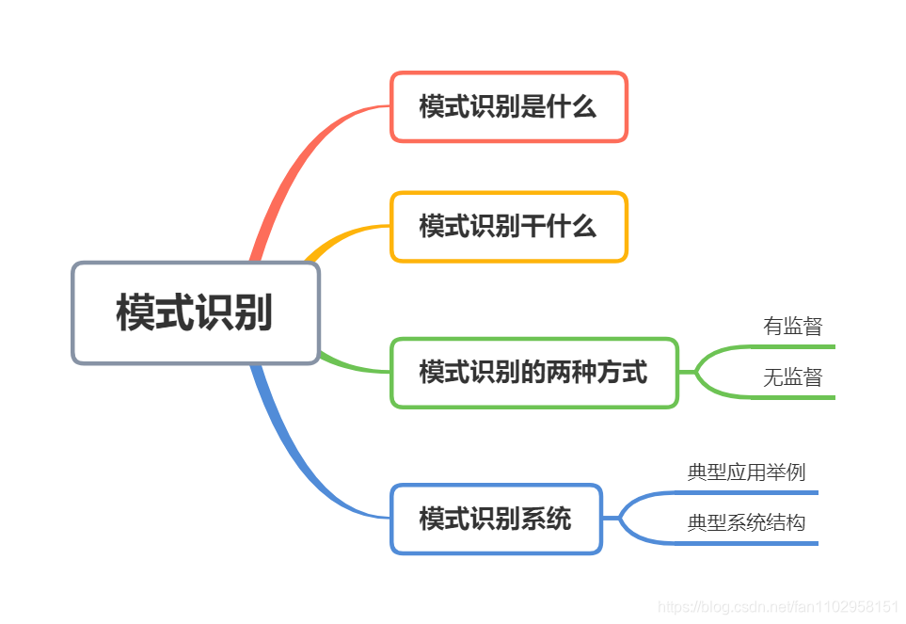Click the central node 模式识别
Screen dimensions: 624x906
tap(196, 312)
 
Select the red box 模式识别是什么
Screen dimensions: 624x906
tap(508, 106)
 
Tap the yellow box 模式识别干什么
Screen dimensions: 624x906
tap(508, 227)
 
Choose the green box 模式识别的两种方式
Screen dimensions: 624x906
tap(533, 373)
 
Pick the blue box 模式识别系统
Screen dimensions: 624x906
tap(495, 519)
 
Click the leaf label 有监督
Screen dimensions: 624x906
tap(792, 327)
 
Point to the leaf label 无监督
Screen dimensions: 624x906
tap(792, 377)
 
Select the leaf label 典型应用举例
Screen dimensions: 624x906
tap(746, 472)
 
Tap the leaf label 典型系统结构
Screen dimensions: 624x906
tap(746, 522)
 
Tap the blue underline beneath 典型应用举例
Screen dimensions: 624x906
tap(746, 491)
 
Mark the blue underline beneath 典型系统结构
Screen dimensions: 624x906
tap(746, 543)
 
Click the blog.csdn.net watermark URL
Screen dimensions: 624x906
tap(778, 607)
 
